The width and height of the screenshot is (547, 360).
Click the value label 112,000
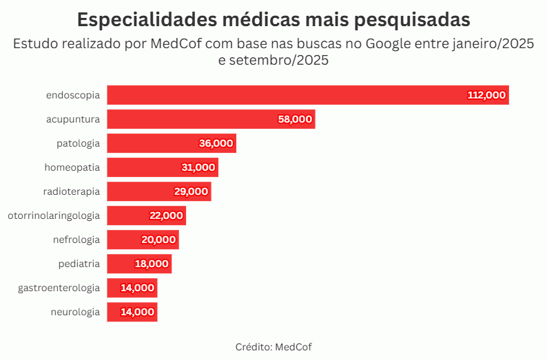coord(486,95)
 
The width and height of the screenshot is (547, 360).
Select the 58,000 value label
coord(295,119)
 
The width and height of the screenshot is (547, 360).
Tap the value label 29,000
coord(191,191)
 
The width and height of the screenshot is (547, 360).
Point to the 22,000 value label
coord(166,215)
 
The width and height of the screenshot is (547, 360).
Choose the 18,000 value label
coord(151,264)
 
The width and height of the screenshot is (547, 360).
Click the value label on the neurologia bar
coord(137,312)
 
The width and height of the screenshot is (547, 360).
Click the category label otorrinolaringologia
coord(54,215)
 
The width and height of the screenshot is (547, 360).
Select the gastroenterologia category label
coord(59,288)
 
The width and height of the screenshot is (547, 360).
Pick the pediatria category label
coord(79,264)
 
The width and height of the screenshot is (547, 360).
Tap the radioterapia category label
coord(72,191)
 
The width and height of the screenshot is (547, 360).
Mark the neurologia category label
coord(75,312)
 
